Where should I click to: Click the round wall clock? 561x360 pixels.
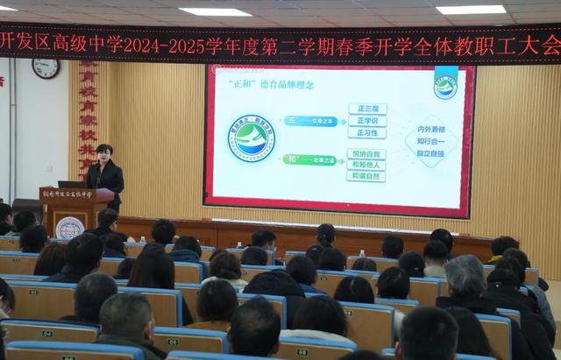[x=45, y=67]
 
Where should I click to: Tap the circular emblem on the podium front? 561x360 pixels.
[x=69, y=227]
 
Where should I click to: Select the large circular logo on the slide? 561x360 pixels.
[x=252, y=138]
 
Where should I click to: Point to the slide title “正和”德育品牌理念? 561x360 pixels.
[x=269, y=83]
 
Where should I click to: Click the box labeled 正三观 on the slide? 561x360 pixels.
[x=366, y=109]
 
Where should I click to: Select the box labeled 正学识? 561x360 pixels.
[x=366, y=121]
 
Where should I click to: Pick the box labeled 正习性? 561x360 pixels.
[x=366, y=133]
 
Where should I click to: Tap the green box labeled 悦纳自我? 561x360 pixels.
[x=366, y=153]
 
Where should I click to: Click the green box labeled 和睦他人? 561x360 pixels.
[x=366, y=165]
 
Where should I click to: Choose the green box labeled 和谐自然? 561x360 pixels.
[x=366, y=176]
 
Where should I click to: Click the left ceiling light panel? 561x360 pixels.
[x=215, y=12]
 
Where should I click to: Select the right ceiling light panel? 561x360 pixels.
[x=471, y=10]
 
